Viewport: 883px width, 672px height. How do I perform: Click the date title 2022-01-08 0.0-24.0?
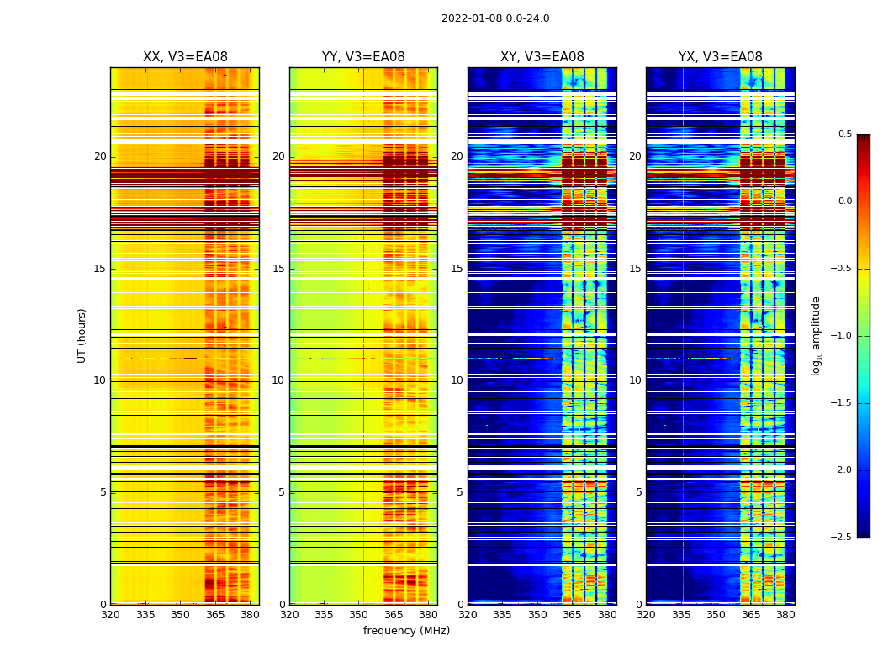(495, 18)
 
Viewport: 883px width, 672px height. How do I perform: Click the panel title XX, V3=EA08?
(185, 57)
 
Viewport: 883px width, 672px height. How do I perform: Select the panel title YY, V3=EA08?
(363, 57)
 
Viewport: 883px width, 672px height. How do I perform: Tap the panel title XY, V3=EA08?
(542, 57)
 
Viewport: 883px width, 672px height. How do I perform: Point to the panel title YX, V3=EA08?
(721, 57)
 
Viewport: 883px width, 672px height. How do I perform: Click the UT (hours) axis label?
(82, 335)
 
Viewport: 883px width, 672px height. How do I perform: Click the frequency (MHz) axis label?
(406, 631)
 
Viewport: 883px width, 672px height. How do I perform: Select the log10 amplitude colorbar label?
(816, 335)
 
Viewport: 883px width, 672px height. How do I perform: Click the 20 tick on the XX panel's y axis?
(100, 156)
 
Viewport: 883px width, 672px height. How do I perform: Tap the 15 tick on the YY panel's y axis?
(278, 269)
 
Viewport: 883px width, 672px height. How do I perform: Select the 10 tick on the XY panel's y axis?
(457, 381)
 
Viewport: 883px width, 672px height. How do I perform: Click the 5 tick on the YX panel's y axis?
(638, 492)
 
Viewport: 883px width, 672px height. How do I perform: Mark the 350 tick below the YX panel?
(716, 615)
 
